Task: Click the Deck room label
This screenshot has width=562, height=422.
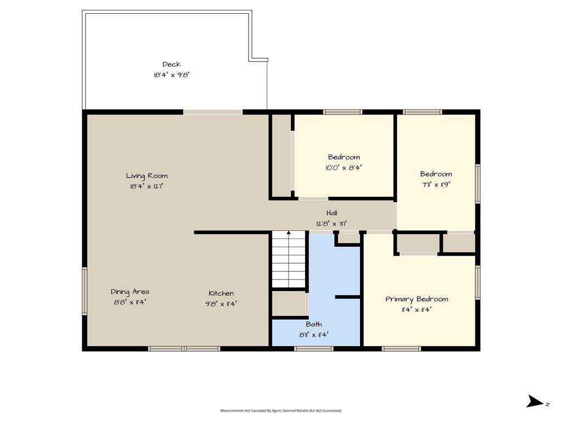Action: pos(171,64)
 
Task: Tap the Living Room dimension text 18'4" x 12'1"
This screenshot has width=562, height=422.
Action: pos(147,186)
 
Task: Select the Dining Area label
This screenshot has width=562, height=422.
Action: pos(130,292)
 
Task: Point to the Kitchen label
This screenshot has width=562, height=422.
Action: pos(221,293)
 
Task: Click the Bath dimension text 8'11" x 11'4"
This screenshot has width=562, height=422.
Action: pos(314,335)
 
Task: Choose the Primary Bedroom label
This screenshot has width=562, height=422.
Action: pos(417,299)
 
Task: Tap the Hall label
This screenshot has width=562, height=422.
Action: pos(331,213)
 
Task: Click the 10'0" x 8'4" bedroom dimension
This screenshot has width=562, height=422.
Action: pos(344,168)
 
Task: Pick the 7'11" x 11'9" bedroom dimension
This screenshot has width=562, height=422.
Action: pos(436,185)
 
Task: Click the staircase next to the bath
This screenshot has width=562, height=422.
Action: pos(289,259)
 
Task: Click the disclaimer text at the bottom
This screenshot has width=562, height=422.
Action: pos(281,410)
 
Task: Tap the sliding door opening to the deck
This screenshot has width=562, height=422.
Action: pos(213,112)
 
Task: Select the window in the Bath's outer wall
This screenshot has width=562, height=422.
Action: pos(314,348)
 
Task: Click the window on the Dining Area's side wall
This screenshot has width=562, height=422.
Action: pos(85,291)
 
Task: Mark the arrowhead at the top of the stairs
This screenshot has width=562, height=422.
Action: pos(289,232)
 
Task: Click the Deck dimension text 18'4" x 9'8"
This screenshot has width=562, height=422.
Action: pos(171,75)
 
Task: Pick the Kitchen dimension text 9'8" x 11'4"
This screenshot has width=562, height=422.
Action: pos(221,304)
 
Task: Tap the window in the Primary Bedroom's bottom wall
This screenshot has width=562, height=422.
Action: pos(401,348)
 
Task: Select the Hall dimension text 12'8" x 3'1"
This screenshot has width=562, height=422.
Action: pos(331,224)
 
